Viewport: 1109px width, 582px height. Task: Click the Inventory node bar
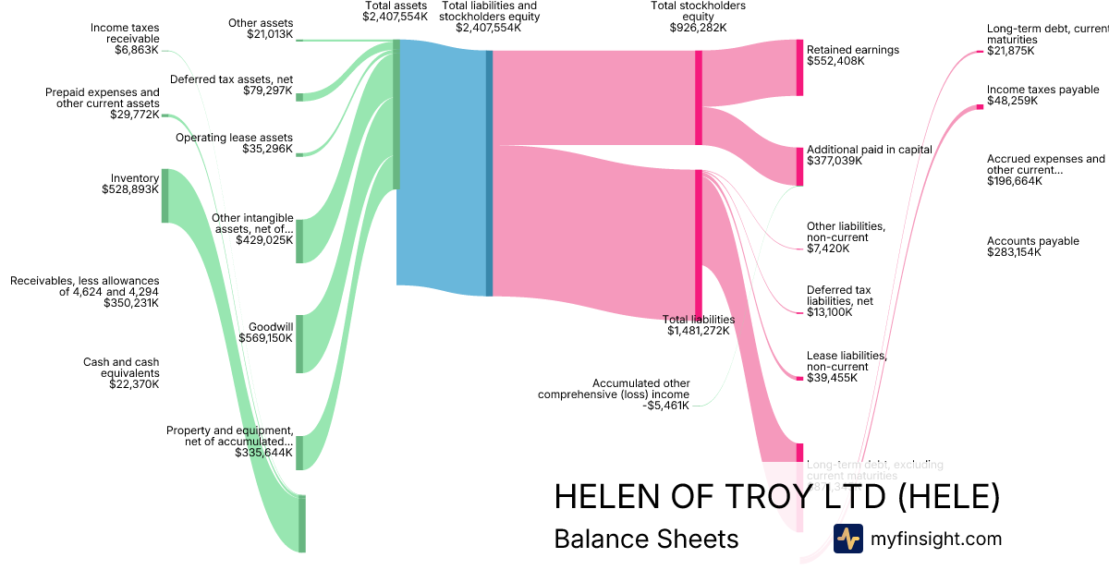pos(165,195)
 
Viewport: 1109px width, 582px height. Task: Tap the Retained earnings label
pos(852,50)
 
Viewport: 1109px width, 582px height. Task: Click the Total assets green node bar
pos(396,114)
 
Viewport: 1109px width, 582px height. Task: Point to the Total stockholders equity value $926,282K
pos(698,28)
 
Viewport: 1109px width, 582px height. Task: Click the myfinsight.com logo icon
pos(847,539)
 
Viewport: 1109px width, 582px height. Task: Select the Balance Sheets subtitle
pos(646,539)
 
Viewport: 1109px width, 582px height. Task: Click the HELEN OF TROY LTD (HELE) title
pos(776,497)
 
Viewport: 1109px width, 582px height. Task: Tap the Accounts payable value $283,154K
pos(1014,252)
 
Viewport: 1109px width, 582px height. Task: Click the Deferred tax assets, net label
pos(231,79)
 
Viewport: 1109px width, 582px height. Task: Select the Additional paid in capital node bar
pos(800,166)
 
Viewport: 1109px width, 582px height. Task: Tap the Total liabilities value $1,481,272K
pos(698,331)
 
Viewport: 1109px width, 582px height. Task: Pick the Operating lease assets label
pos(234,138)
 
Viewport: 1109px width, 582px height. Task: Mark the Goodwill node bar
pos(299,343)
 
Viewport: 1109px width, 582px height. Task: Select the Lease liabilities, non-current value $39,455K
pos(832,378)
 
